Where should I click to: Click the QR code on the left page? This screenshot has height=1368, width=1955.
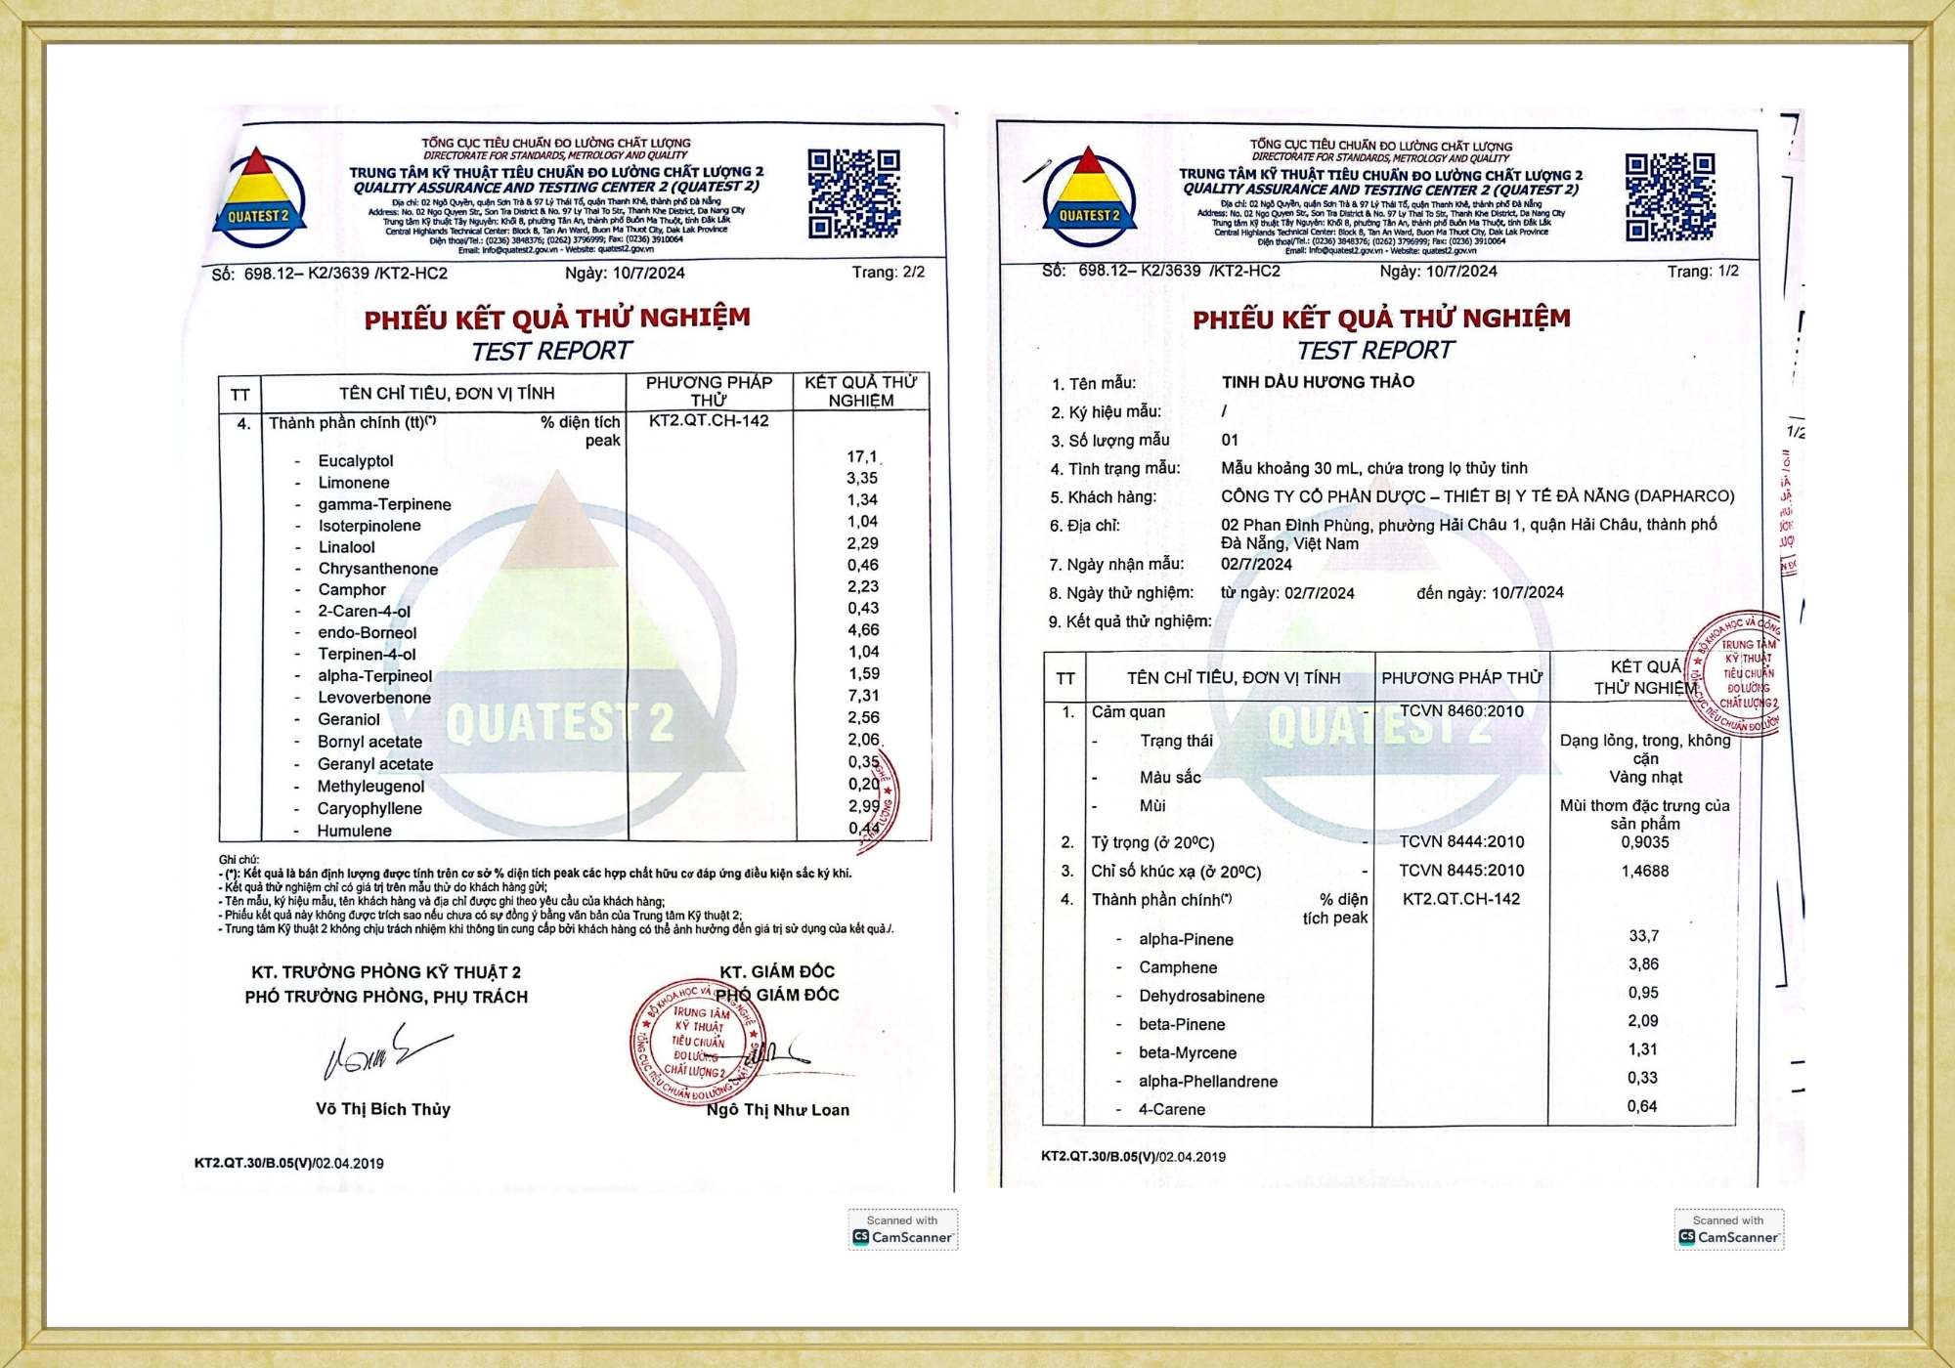tap(853, 193)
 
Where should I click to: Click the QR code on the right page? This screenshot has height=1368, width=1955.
tap(1670, 196)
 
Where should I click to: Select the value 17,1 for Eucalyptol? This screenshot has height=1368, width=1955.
tap(862, 456)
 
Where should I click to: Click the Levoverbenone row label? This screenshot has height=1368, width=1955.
tap(373, 698)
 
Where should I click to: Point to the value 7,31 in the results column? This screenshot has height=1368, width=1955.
tap(863, 696)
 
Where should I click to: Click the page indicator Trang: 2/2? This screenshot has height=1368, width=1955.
tap(888, 272)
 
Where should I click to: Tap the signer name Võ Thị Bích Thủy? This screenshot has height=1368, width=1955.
tap(383, 1109)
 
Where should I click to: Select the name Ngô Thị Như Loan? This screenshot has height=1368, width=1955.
tap(778, 1110)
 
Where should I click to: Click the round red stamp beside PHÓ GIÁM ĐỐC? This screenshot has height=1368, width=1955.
tap(697, 1043)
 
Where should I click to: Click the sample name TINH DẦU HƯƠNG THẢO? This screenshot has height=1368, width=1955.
tap(1318, 382)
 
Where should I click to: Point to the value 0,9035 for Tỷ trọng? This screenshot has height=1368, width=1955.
tap(1645, 842)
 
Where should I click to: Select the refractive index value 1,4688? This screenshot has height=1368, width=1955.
tap(1645, 871)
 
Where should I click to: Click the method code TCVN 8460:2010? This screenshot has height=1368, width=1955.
tap(1461, 711)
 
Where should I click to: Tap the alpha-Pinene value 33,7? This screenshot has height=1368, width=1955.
tap(1643, 936)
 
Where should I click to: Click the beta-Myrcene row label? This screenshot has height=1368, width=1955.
tap(1188, 1053)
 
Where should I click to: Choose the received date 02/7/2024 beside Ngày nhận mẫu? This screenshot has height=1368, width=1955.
tap(1256, 564)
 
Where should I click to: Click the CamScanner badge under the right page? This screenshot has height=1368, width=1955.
tap(1728, 1230)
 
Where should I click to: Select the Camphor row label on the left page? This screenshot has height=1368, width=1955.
tap(352, 590)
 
